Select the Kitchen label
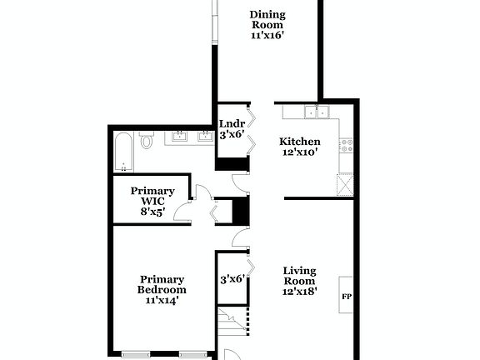(298, 142)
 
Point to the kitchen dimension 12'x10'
(298, 153)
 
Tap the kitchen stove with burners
(346, 144)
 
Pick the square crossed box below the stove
(346, 183)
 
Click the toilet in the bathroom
(147, 140)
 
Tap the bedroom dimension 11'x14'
(162, 301)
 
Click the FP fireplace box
(346, 296)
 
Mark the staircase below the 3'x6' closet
(233, 320)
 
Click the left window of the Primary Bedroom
(136, 354)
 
